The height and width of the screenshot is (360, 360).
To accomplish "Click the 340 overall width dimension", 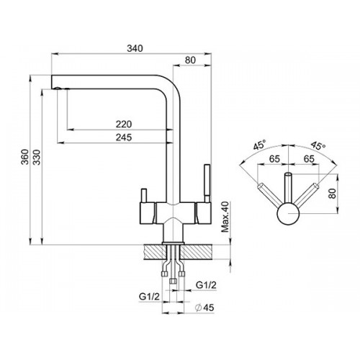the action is pyautogui.click(x=135, y=48).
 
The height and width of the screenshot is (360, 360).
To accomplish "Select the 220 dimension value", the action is pyautogui.click(x=124, y=125).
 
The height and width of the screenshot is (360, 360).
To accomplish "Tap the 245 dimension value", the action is pyautogui.click(x=124, y=138).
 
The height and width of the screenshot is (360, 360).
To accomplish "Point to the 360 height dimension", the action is pyautogui.click(x=24, y=157).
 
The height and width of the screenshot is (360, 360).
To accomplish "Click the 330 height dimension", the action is pyautogui.click(x=37, y=157).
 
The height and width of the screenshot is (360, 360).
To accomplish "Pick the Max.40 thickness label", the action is pyautogui.click(x=225, y=217).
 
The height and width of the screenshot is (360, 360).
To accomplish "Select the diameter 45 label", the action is pyautogui.click(x=204, y=307).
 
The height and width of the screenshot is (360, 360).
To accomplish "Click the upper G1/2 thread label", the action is pyautogui.click(x=206, y=285).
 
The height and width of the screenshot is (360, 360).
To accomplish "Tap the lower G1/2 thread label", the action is pyautogui.click(x=149, y=297).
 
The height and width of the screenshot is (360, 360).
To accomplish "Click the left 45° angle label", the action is pyautogui.click(x=260, y=145).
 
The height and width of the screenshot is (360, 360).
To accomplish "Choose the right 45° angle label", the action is pyautogui.click(x=318, y=145).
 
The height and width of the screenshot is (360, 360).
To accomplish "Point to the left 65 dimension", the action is pyautogui.click(x=274, y=158).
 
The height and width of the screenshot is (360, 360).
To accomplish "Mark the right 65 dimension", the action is pyautogui.click(x=309, y=158).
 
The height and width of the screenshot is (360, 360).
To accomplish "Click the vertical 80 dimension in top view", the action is pyautogui.click(x=332, y=193).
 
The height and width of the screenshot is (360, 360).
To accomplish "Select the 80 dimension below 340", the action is pyautogui.click(x=190, y=60).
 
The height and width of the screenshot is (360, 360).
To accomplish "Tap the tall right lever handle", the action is pyautogui.click(x=207, y=184).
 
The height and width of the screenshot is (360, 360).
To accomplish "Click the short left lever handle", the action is pyautogui.click(x=144, y=196).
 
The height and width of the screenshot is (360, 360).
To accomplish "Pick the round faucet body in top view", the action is pyautogui.click(x=288, y=214).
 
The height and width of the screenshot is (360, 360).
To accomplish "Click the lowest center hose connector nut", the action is pyautogui.click(x=173, y=281).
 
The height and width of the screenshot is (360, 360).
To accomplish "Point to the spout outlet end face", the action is pyautogui.click(x=52, y=82).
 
